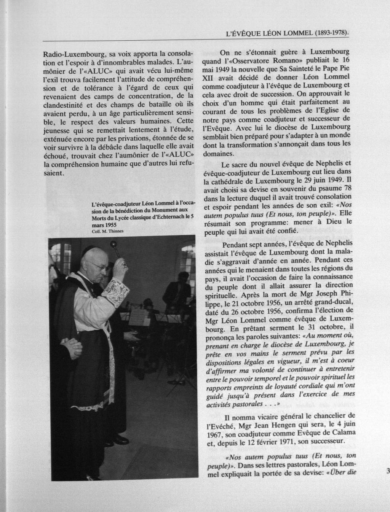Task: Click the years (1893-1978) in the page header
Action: [x=331, y=33]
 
